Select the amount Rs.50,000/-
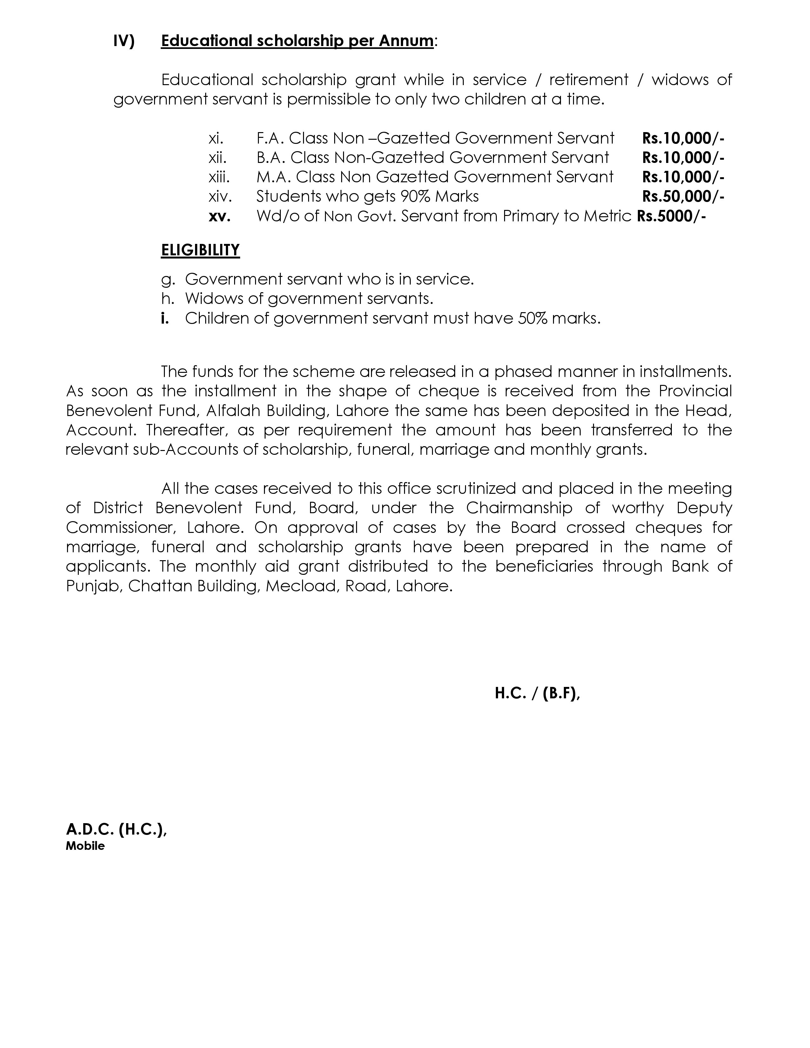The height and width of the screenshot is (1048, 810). point(683,196)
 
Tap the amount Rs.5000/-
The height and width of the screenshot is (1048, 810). point(671,216)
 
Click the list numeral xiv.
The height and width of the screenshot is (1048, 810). point(220,196)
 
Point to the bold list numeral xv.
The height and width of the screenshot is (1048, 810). point(219,216)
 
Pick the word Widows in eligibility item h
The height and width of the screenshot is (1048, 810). point(215,299)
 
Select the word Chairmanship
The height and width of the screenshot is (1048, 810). point(519,508)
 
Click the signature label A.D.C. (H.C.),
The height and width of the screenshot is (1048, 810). point(116,829)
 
